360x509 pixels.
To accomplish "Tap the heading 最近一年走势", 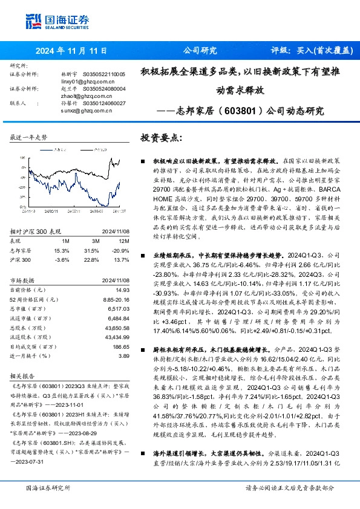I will pyautogui.click(x=29, y=138).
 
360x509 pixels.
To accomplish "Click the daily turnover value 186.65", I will pyautogui.click(x=121, y=346).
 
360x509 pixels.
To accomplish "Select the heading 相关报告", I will pyautogui.click(x=24, y=375).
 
